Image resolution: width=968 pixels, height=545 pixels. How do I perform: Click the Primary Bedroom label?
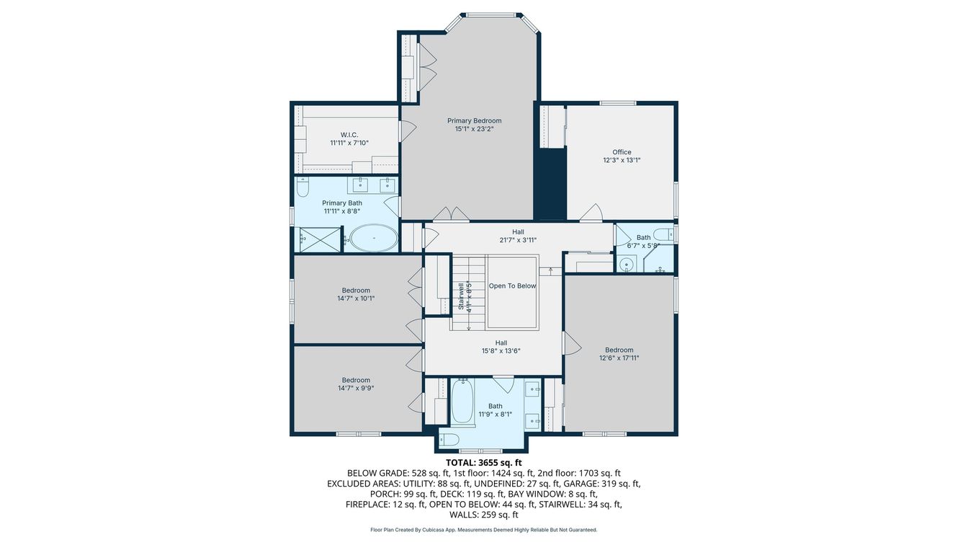[x=474, y=121]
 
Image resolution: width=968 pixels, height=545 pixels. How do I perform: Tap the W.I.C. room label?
[x=349, y=135]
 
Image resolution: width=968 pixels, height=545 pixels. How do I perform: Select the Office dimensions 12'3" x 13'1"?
[x=622, y=161]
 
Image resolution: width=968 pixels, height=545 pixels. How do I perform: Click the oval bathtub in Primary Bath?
[x=373, y=238]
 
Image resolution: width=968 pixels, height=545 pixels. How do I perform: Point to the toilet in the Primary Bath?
[x=302, y=188]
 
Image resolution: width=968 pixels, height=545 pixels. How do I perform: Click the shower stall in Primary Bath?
[x=318, y=239]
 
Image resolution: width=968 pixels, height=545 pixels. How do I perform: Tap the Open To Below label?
[x=512, y=286]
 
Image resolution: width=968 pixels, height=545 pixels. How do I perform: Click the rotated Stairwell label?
[x=462, y=296]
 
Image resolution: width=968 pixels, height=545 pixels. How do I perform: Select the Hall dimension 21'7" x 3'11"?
[x=518, y=241]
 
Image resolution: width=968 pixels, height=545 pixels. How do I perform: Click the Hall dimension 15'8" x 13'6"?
[x=501, y=352]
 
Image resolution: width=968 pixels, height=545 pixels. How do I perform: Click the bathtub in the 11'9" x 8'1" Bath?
[x=462, y=403]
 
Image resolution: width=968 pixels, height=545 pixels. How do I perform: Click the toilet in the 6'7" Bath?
[x=667, y=234]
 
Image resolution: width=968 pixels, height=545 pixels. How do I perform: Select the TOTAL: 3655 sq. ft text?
[x=483, y=463]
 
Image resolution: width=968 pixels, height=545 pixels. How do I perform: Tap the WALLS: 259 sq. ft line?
[x=483, y=515]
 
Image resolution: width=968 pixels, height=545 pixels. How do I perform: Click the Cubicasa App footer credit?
[x=483, y=530]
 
